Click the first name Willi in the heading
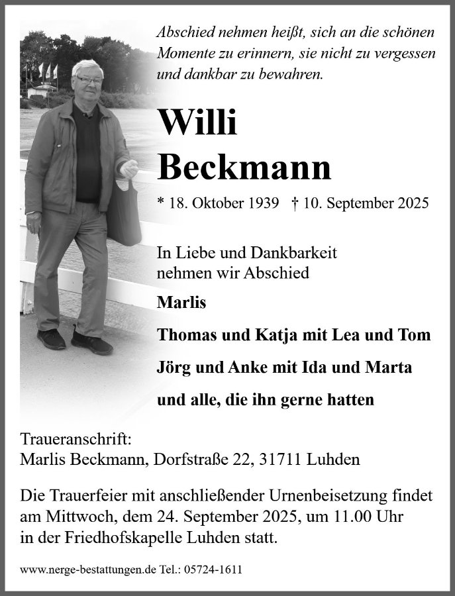pyautogui.click(x=197, y=123)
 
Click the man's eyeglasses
pyautogui.click(x=89, y=80)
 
